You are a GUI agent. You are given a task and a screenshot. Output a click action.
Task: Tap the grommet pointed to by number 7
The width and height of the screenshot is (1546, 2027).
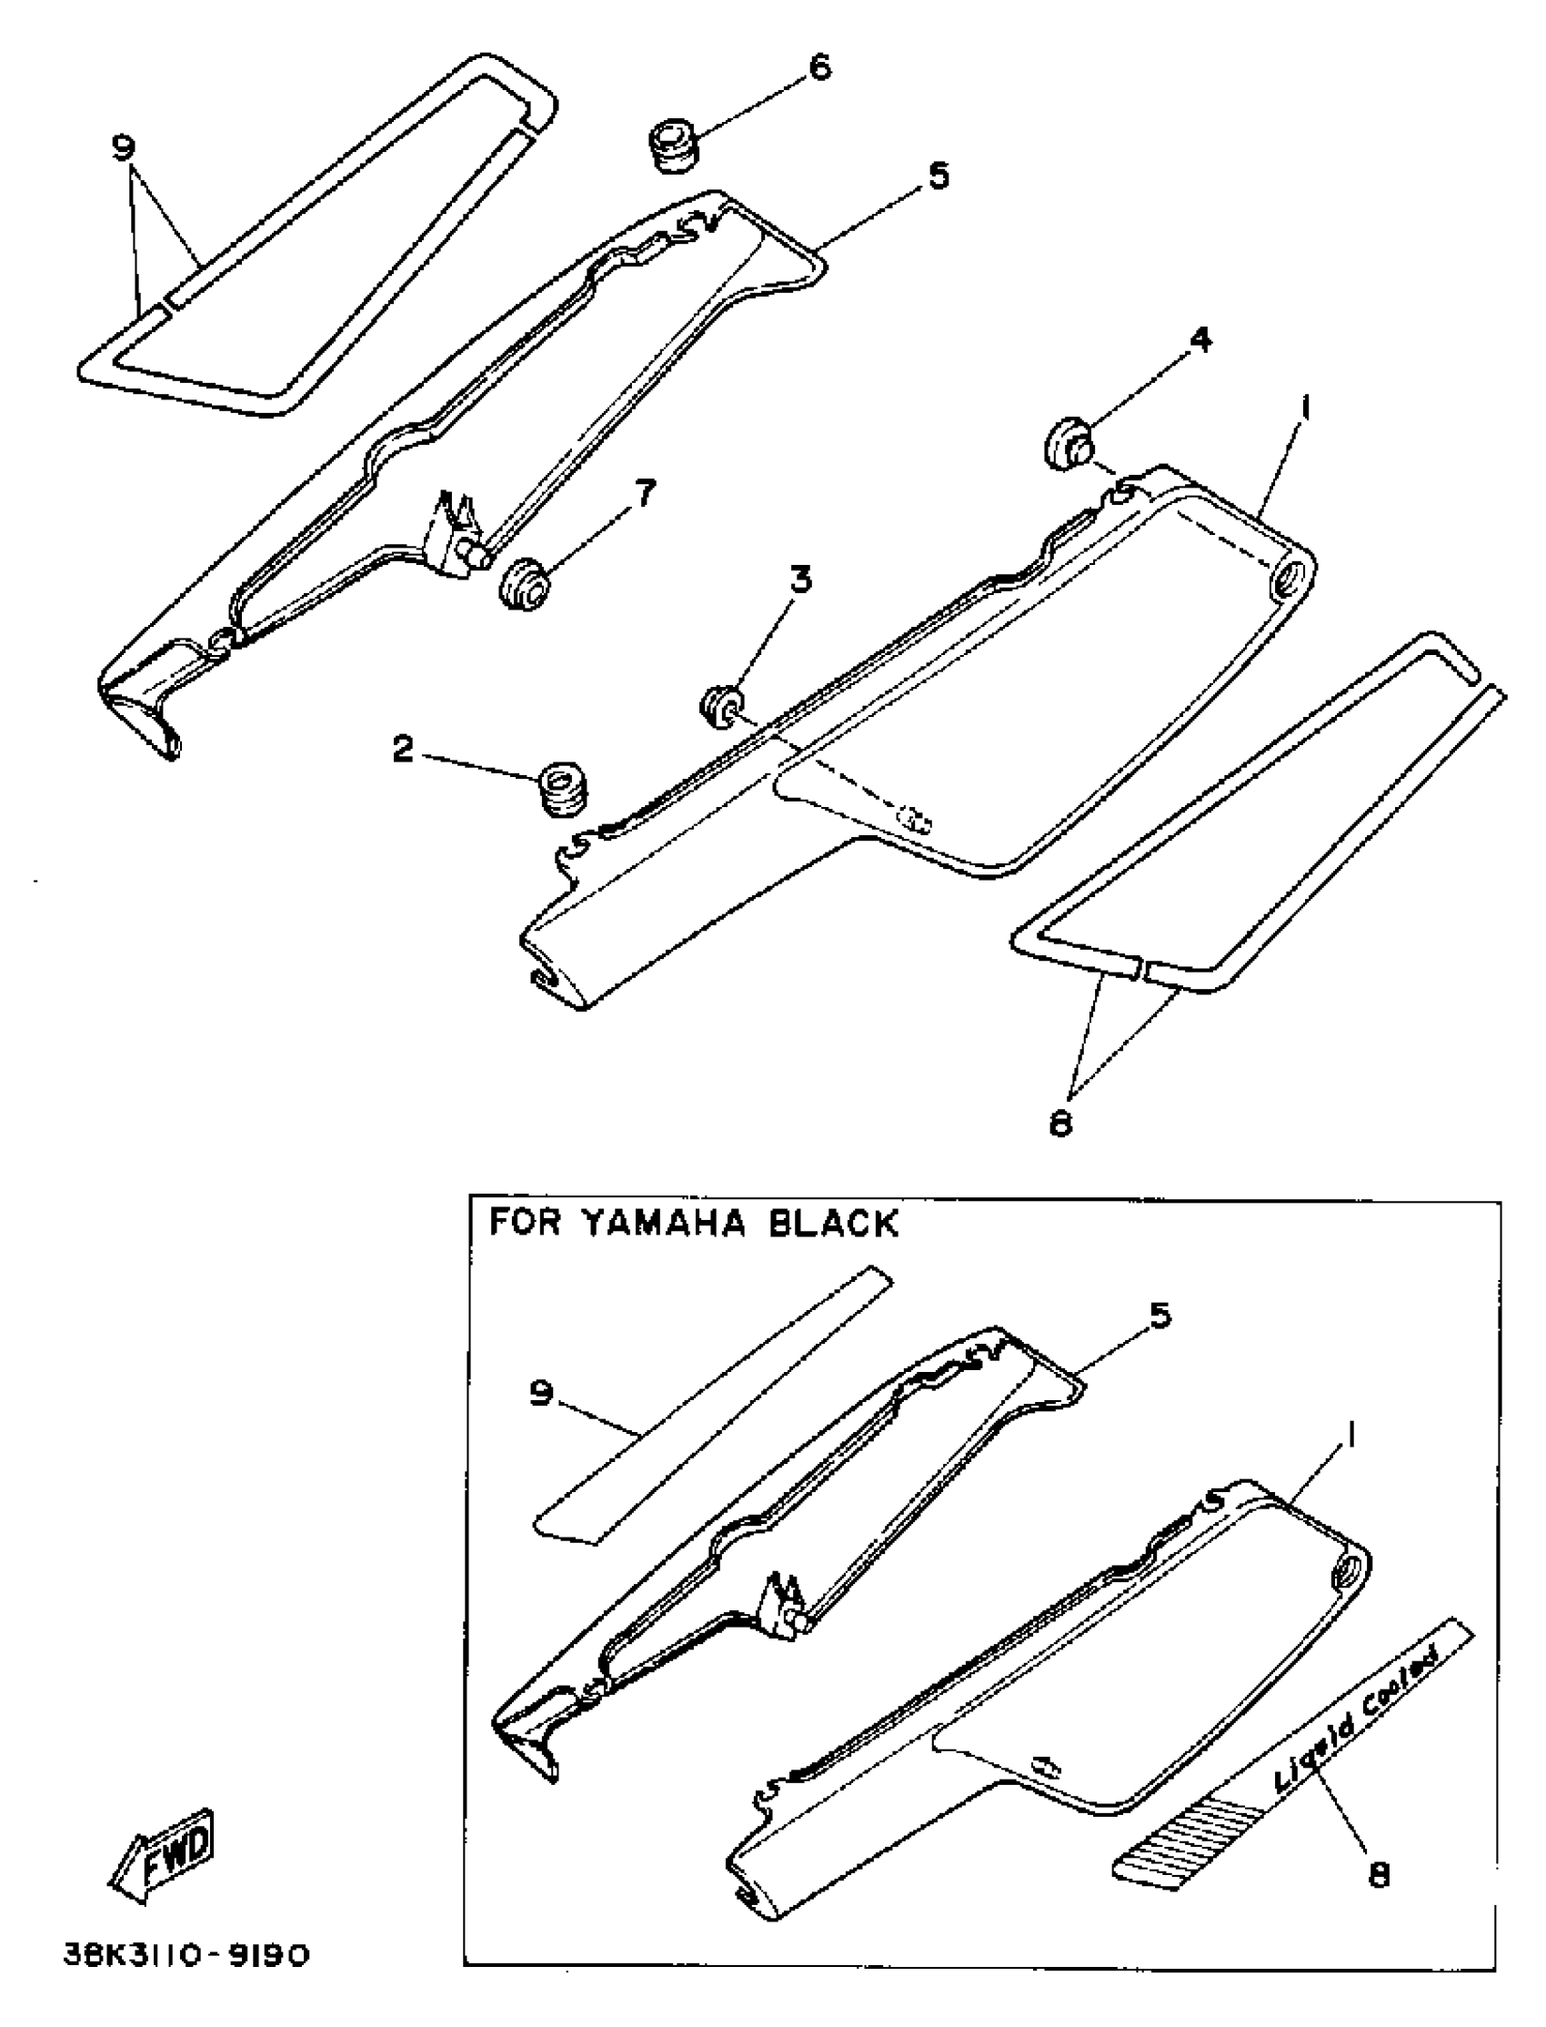524,583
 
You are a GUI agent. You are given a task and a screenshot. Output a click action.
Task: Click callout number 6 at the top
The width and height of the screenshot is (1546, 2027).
818,67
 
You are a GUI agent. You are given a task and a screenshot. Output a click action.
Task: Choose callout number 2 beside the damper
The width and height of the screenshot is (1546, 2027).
401,750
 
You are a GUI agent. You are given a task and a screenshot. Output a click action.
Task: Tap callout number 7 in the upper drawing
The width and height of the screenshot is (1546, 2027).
644,494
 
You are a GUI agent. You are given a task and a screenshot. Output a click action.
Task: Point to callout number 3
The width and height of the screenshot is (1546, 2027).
800,580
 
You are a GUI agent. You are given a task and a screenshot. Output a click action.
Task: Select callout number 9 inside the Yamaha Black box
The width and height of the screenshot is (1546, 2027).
541,1394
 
